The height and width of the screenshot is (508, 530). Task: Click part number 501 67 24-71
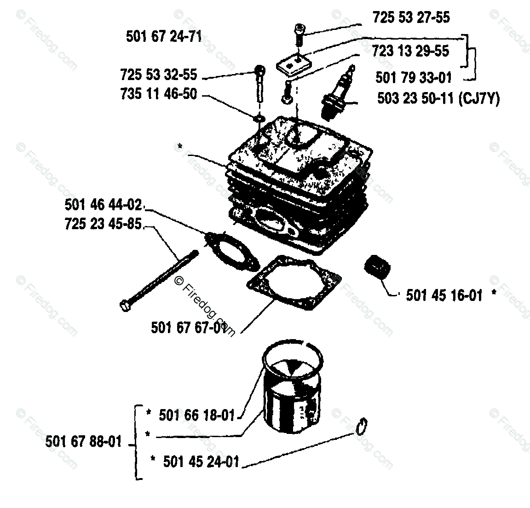coord(164,37)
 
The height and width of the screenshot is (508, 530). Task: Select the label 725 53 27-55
coord(411,17)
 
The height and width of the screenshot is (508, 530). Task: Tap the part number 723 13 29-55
coord(410,51)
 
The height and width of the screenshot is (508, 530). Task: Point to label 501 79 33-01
coord(414,77)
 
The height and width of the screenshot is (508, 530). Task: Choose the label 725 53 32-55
coord(158,75)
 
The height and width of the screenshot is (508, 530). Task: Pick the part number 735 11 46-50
coord(158,94)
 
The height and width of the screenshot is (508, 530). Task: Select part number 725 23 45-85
coord(103,225)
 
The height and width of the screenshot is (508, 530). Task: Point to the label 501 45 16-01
coord(444,295)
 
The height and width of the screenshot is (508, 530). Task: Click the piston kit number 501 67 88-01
coord(84,442)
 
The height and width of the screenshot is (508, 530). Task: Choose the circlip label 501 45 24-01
coord(201,461)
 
